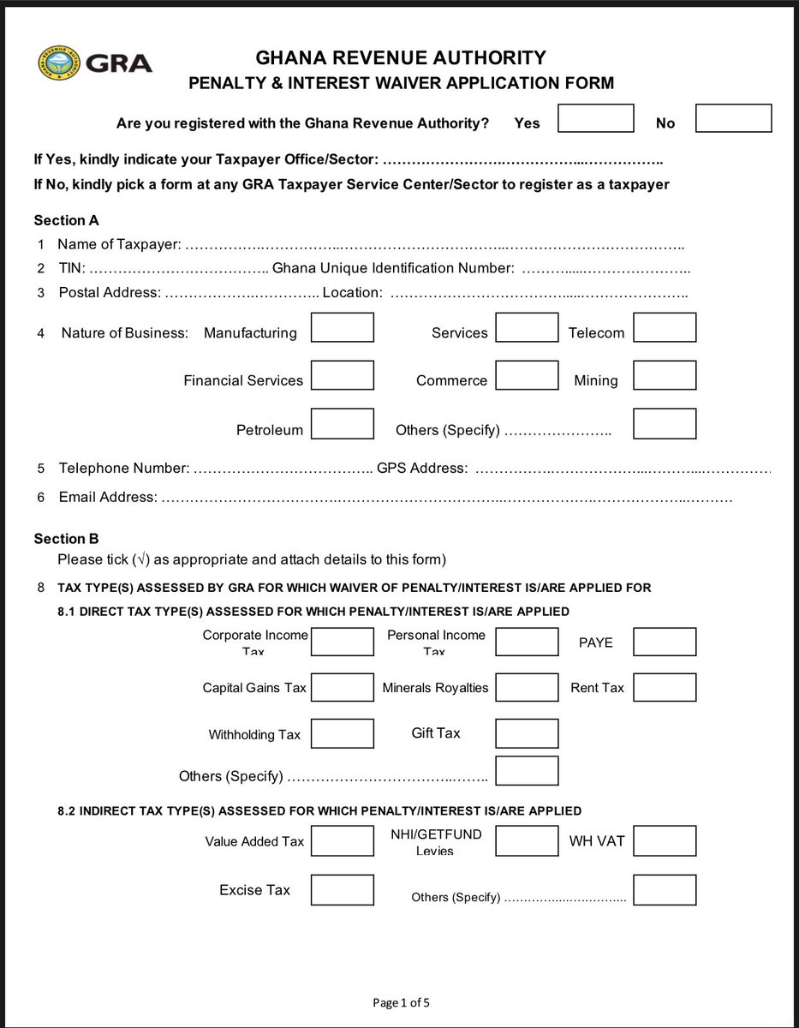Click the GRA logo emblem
[60, 63]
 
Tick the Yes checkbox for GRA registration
[595, 118]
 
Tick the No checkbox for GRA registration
[733, 118]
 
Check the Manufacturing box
[342, 327]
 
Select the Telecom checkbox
[665, 327]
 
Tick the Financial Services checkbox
[342, 375]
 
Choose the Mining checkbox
[665, 375]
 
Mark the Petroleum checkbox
[342, 424]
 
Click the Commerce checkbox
[527, 375]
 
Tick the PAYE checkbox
[665, 642]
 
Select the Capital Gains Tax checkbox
[342, 687]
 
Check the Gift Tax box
[527, 733]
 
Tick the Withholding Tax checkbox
[342, 733]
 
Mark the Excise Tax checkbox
[342, 890]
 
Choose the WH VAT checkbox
[665, 841]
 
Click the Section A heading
[66, 220]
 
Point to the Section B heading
[66, 539]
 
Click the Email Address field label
[107, 497]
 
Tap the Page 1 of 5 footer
[408, 1002]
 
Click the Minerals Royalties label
[435, 688]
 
